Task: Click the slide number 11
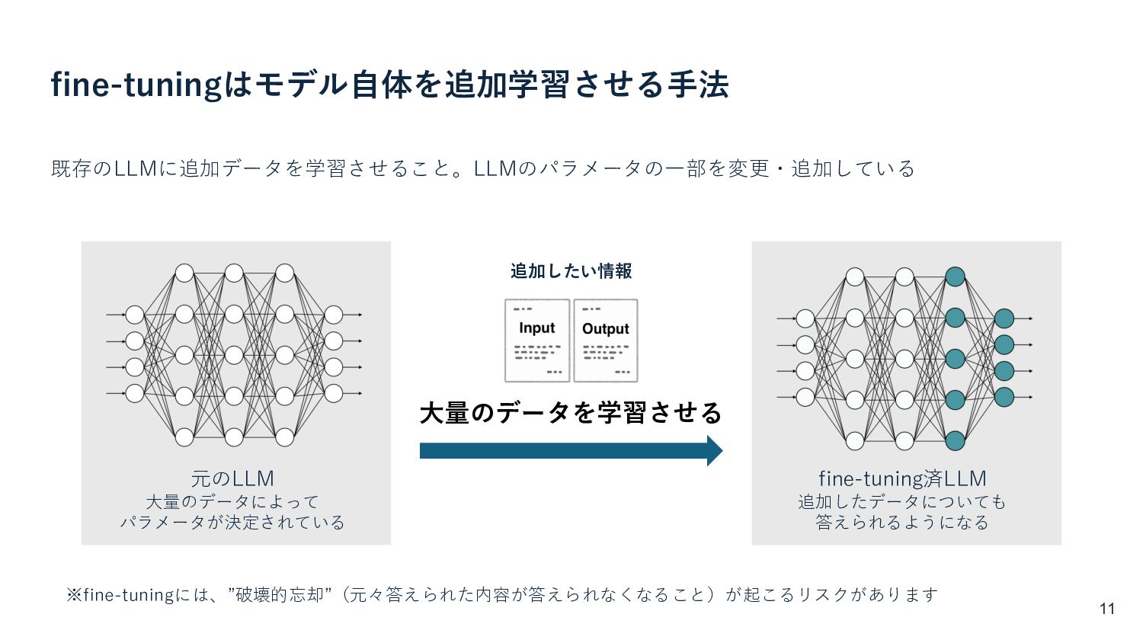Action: coord(1107,609)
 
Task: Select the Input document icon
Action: coord(537,341)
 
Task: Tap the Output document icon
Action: coord(606,341)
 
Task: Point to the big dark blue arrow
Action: coord(571,451)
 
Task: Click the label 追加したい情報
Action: coord(571,271)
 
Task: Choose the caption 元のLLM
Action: coord(232,478)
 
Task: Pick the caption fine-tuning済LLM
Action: coord(902,478)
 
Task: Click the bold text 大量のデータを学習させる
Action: coord(571,413)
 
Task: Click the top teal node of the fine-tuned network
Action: coord(955,277)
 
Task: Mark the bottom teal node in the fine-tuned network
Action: coord(955,440)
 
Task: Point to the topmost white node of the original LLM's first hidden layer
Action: coord(184,273)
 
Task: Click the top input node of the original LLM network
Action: coord(135,315)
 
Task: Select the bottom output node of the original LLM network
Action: coord(334,393)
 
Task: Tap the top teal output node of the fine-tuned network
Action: coord(1004,318)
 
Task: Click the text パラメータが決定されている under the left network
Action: coord(232,523)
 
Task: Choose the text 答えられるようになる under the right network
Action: coord(902,523)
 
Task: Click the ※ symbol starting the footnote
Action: coord(74,594)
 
